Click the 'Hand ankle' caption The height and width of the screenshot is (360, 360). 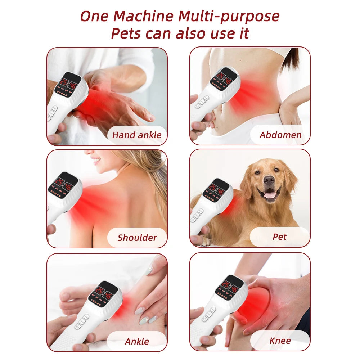[137, 135]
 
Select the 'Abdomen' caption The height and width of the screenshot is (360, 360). [280, 135]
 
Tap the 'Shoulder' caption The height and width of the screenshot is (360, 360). [137, 238]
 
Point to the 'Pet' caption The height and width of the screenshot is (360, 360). [279, 237]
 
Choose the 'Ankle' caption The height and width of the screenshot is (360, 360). [137, 341]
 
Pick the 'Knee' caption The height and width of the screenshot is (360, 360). [280, 341]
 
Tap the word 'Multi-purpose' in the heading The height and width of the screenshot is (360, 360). [229, 17]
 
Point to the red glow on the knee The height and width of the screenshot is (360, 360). [254, 302]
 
